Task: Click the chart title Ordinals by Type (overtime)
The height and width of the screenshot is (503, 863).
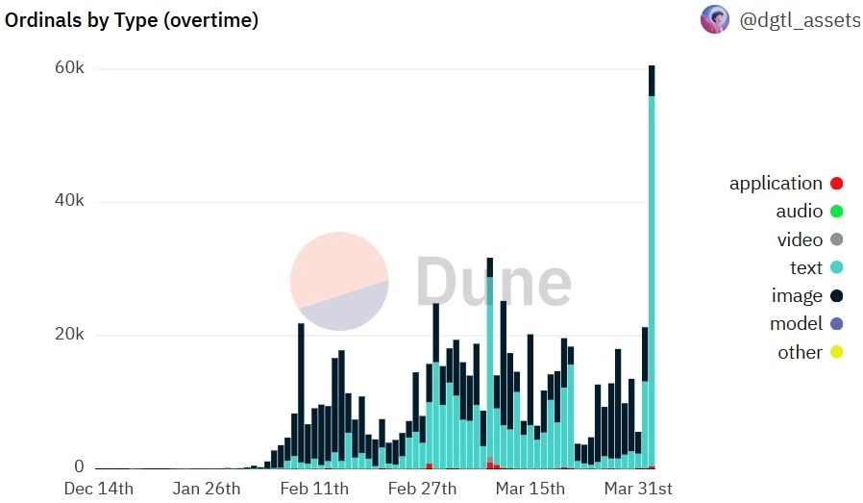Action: point(132,19)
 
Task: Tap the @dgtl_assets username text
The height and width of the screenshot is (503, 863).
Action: point(800,19)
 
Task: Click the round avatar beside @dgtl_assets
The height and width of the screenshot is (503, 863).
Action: point(714,19)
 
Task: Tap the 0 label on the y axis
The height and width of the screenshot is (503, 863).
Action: point(80,466)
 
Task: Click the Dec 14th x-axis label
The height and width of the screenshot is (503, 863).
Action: point(99,489)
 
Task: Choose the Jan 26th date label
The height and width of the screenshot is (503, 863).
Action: point(206,489)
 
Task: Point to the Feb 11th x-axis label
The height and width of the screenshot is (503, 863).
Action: point(314,489)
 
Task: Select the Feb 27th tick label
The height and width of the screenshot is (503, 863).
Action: point(423,489)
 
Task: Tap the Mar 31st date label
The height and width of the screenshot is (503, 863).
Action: point(638,489)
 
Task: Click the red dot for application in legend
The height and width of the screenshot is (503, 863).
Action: point(836,184)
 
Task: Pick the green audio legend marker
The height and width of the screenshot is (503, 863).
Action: point(836,212)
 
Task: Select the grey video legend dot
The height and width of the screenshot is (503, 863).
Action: point(836,239)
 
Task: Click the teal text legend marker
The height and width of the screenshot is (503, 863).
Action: point(836,267)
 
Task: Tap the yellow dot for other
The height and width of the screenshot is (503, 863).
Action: point(836,352)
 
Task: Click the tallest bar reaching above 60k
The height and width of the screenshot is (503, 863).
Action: point(652,269)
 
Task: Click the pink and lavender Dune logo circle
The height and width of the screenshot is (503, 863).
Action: point(339,281)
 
